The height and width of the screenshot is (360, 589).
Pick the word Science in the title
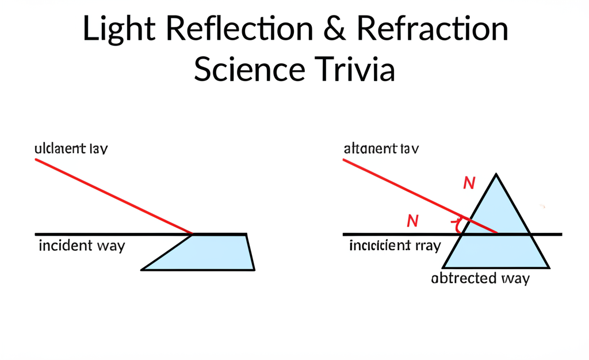click(248, 70)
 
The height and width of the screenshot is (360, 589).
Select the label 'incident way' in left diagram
click(82, 246)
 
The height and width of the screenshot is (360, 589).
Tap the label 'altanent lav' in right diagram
click(381, 148)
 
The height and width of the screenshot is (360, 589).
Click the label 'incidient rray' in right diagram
click(395, 246)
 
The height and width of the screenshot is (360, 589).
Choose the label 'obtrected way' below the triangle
click(480, 278)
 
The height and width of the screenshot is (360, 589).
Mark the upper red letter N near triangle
click(469, 183)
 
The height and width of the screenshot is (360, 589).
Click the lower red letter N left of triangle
click(412, 220)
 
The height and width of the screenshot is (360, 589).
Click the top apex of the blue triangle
click(496, 174)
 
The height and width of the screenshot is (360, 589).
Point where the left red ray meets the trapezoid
click(192, 234)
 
